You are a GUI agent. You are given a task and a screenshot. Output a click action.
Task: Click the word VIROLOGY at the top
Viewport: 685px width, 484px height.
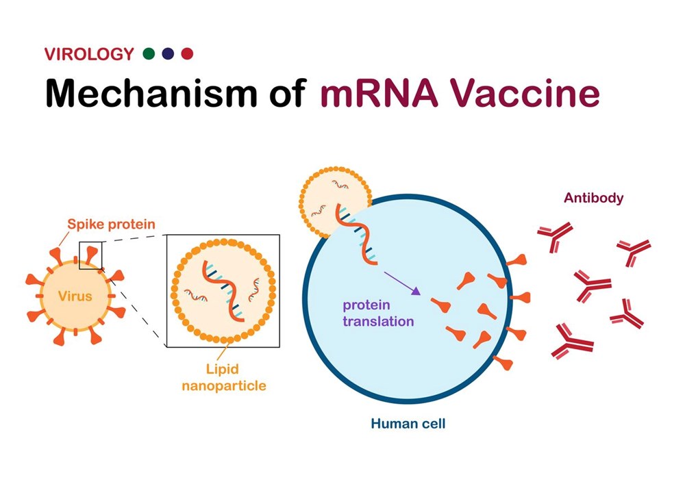pyautogui.click(x=89, y=54)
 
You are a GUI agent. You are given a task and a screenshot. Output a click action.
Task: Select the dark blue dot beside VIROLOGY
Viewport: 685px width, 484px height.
pyautogui.click(x=168, y=53)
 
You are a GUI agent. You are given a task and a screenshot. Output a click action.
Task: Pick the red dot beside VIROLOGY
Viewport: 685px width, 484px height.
pyautogui.click(x=187, y=53)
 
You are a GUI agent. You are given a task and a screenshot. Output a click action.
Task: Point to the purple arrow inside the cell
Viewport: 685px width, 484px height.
pyautogui.click(x=401, y=283)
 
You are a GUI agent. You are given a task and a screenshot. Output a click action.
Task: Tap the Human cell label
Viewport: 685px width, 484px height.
pyautogui.click(x=408, y=424)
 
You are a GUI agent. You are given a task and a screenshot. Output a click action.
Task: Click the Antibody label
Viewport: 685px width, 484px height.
pyautogui.click(x=594, y=199)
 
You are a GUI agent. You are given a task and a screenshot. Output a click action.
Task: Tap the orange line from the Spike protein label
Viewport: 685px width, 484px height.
pyautogui.click(x=62, y=238)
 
